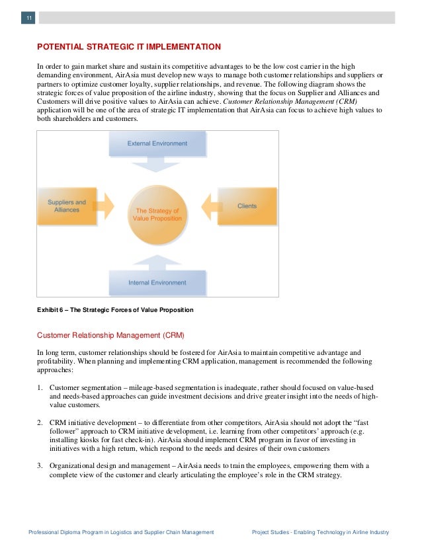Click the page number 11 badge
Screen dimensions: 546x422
pyautogui.click(x=28, y=18)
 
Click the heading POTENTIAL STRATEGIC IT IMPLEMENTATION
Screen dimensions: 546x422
pyautogui.click(x=129, y=47)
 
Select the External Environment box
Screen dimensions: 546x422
pyautogui.click(x=157, y=143)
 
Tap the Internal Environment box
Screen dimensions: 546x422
pyautogui.click(x=157, y=282)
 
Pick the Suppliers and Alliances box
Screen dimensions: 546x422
pyautogui.click(x=67, y=206)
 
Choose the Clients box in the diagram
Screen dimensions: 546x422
pyautogui.click(x=247, y=206)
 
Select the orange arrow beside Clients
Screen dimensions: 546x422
pyautogui.click(x=208, y=206)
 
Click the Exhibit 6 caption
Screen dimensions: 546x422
pyautogui.click(x=115, y=310)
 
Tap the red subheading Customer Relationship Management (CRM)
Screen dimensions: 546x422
pyautogui.click(x=110, y=335)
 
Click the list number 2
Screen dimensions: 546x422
pyautogui.click(x=40, y=421)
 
